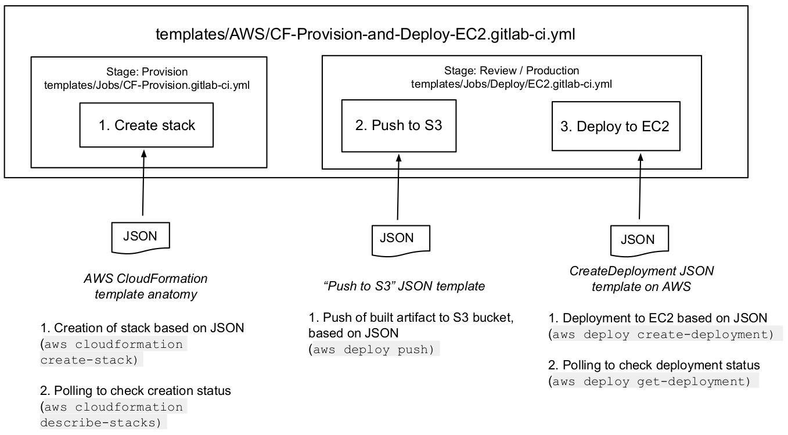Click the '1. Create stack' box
click(146, 125)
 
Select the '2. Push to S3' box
click(398, 125)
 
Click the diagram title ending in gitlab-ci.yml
click(365, 34)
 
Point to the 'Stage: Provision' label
click(147, 72)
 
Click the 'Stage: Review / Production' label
click(512, 71)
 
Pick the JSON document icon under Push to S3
click(397, 238)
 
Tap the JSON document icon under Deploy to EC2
click(637, 239)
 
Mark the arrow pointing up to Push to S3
click(398, 186)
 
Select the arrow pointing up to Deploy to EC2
click(641, 186)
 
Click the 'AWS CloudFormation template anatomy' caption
click(146, 286)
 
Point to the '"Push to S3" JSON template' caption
click(404, 286)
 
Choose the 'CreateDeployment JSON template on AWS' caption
click(641, 279)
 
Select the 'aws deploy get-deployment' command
click(653, 382)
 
